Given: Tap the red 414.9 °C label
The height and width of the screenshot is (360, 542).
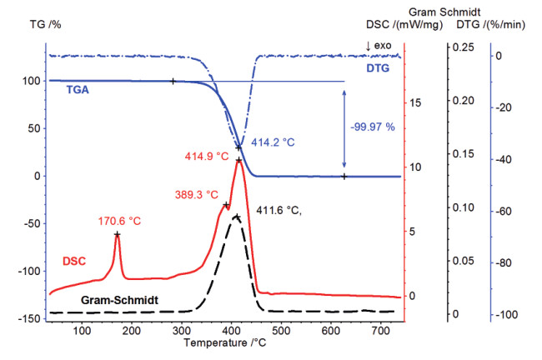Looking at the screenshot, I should coord(208,155).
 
